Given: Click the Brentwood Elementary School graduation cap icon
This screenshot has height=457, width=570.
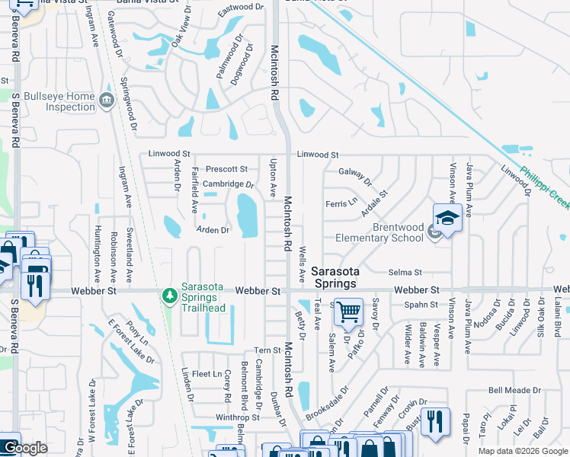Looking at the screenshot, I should pyautogui.click(x=447, y=219).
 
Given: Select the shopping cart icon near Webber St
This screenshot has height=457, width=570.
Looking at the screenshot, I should pyautogui.click(x=348, y=311).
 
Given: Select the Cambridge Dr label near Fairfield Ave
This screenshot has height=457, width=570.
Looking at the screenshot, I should pyautogui.click(x=227, y=184).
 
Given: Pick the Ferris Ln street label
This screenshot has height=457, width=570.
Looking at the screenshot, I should pyautogui.click(x=341, y=203).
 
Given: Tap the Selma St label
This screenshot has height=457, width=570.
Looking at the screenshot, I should pyautogui.click(x=405, y=272).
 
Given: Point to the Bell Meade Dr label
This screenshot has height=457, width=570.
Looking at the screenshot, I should pyautogui.click(x=514, y=389).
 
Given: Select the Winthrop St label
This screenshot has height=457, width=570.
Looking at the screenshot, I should pyautogui.click(x=238, y=417).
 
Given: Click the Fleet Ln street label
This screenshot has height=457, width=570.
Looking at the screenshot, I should pyautogui.click(x=207, y=374).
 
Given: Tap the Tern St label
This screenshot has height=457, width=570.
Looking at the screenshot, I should pyautogui.click(x=268, y=350).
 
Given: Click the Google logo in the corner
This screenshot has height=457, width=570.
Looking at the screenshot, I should pyautogui.click(x=25, y=448).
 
